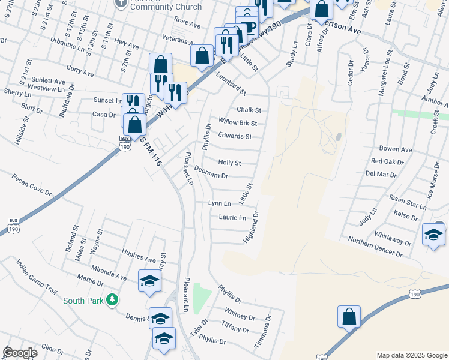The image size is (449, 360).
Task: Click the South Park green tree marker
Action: tap(112, 299)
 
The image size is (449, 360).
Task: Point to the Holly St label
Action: tap(229, 163)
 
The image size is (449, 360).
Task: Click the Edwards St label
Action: tap(235, 136)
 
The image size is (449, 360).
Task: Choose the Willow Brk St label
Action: tap(238, 123)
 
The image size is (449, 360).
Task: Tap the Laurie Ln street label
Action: tap(232, 217)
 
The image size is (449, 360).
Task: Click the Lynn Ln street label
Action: tap(219, 204)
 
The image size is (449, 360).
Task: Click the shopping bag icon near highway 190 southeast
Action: tap(349, 316)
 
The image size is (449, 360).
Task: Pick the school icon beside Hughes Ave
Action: tap(149, 280)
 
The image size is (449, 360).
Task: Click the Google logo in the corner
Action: tap(20, 353)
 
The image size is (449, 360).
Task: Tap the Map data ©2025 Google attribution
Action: tap(411, 355)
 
